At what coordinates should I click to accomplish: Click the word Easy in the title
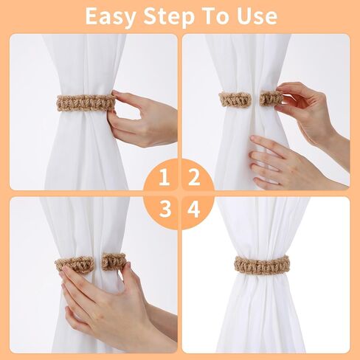[111, 16]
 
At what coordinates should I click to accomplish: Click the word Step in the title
[169, 16]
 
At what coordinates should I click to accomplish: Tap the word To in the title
[215, 15]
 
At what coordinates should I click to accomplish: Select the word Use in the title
[257, 16]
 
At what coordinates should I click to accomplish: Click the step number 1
[165, 177]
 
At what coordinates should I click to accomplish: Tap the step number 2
[194, 177]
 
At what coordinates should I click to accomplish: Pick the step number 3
[165, 209]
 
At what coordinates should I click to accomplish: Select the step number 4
[193, 210]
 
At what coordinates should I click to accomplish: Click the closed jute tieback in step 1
[86, 103]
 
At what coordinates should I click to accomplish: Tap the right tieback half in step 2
[271, 98]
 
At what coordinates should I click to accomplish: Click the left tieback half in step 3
[75, 265]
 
